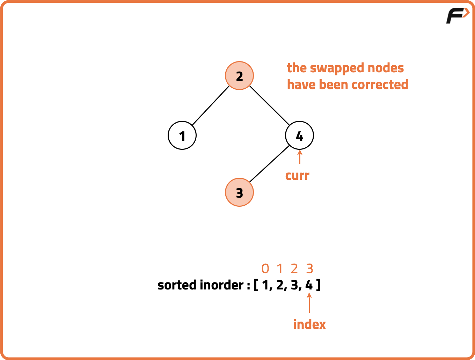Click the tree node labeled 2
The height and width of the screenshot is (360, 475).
[x=239, y=76]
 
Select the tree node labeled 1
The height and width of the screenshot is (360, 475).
[x=182, y=135]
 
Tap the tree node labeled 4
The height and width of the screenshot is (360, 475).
[x=299, y=135]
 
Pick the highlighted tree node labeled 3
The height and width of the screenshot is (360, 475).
[x=239, y=192]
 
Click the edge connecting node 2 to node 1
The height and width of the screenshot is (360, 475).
[x=211, y=105]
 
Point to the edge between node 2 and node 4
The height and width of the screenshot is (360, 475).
[x=269, y=105]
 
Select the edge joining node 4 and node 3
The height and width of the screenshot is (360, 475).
[x=269, y=164]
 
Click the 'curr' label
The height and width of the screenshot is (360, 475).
[x=297, y=175]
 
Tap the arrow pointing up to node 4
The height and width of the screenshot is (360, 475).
[x=299, y=157]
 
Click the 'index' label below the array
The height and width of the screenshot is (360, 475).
[x=309, y=324]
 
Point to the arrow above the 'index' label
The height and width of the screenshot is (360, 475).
[x=309, y=303]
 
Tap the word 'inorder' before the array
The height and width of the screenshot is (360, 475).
[x=222, y=285]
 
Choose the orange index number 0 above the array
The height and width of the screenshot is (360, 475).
[x=265, y=269]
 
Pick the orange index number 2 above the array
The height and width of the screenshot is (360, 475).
[x=294, y=269]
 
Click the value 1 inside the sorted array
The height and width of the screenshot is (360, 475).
[x=266, y=285]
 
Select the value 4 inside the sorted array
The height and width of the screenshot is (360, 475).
[x=309, y=285]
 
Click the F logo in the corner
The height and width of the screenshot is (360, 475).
[x=457, y=16]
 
